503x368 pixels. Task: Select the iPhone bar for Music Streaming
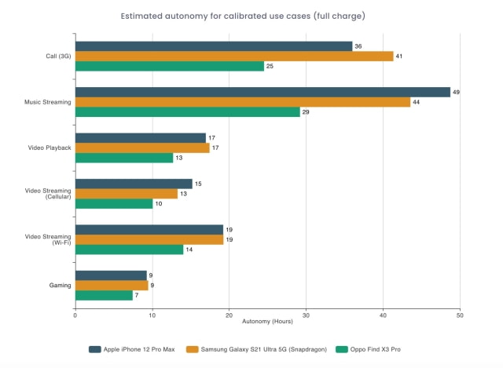pos(263,92)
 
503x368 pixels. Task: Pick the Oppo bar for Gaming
pos(104,295)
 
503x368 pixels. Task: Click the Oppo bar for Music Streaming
pos(188,112)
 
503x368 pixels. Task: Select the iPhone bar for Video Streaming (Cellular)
pos(134,184)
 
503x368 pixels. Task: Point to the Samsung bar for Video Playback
pos(142,148)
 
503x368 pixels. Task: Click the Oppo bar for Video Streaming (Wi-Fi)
pos(129,250)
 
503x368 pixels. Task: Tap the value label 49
pos(457,92)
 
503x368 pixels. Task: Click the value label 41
pos(400,56)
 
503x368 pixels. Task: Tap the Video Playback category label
pos(49,148)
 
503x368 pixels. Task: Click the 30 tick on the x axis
pos(306,315)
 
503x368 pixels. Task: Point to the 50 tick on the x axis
pos(460,315)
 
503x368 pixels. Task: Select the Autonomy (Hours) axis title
pos(267,322)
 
